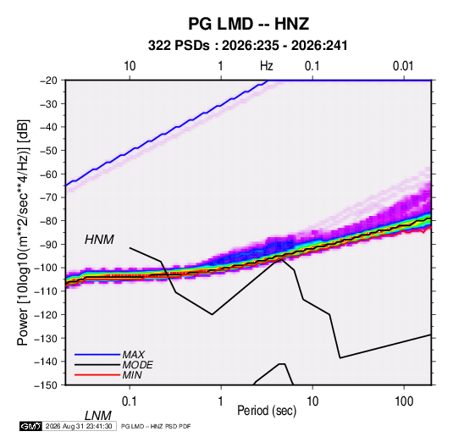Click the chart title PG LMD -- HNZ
248,24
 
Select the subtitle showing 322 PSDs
247,46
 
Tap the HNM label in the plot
99,240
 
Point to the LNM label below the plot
98,416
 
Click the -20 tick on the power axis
48,80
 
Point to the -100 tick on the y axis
46,268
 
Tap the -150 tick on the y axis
46,385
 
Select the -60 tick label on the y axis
48,174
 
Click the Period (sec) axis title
267,411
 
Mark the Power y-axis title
23,232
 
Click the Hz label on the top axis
267,66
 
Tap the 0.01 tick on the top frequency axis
403,66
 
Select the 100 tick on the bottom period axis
404,401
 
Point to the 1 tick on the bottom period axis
221,401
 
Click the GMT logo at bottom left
30,426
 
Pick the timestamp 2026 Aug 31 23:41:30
79,426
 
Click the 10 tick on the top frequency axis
130,66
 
